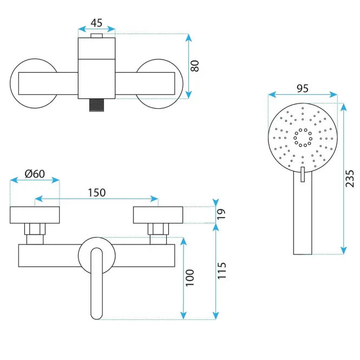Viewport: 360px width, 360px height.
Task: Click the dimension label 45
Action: click(x=96, y=23)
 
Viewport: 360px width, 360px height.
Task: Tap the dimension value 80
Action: click(x=195, y=66)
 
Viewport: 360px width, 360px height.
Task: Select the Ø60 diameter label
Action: click(x=35, y=174)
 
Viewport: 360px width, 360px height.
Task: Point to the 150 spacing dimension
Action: click(x=97, y=193)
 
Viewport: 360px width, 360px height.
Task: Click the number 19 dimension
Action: click(x=221, y=214)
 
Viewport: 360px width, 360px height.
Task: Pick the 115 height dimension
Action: click(x=221, y=271)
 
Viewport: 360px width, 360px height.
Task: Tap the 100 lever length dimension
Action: click(x=189, y=278)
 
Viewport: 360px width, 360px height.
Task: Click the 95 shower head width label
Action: click(x=303, y=88)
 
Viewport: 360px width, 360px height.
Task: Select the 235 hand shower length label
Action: click(x=350, y=179)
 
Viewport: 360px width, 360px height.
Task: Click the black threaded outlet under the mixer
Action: click(x=96, y=105)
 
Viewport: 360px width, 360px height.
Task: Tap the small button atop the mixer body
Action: click(x=96, y=36)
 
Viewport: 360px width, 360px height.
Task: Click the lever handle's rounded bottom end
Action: click(x=96, y=316)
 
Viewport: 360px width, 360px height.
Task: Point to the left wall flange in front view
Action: click(x=35, y=215)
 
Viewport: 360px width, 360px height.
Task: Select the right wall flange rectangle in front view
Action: click(x=158, y=215)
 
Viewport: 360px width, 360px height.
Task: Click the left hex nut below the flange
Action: click(x=35, y=229)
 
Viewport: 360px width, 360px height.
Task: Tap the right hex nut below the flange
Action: click(x=158, y=229)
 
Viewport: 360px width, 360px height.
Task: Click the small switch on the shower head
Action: click(x=303, y=174)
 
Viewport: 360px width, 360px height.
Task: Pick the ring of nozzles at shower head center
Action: click(x=303, y=138)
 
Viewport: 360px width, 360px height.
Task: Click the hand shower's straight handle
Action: click(x=303, y=213)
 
